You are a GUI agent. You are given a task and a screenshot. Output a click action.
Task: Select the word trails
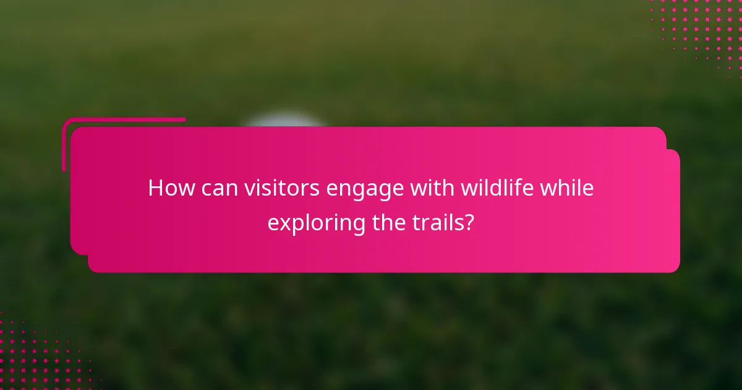(x=438, y=222)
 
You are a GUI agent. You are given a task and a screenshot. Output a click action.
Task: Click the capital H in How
(x=155, y=188)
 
